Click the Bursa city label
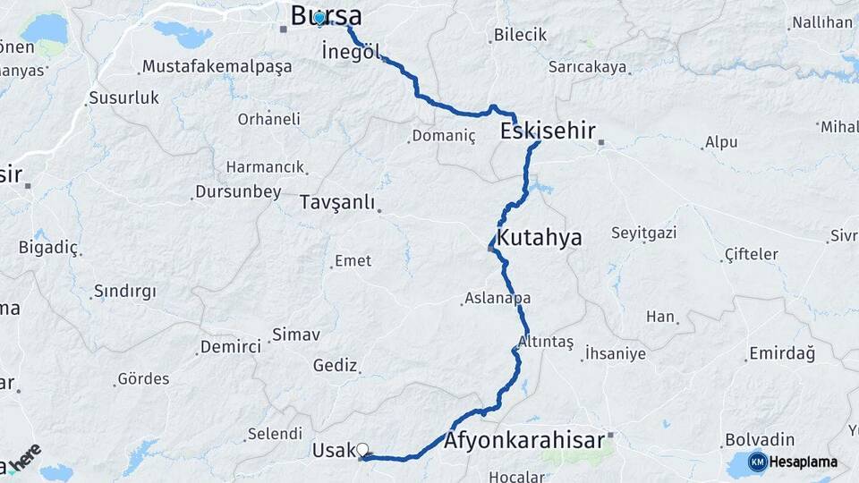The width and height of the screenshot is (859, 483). coord(327,15)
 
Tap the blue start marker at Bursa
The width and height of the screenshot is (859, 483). coord(319,18)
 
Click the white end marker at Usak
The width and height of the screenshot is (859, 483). coord(363,450)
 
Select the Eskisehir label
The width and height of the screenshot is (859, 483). coord(548,131)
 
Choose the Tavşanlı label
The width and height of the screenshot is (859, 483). coord(336,202)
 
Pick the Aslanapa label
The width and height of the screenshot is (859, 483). coord(498,299)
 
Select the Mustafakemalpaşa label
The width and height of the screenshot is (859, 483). coord(217,67)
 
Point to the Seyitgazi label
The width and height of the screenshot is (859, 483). coord(642,234)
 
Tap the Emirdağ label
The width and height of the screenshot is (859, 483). coord(781,354)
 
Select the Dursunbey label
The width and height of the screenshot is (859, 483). coord(239,192)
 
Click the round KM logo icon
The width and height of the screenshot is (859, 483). coord(757,462)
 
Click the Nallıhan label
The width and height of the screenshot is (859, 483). coord(821,22)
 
